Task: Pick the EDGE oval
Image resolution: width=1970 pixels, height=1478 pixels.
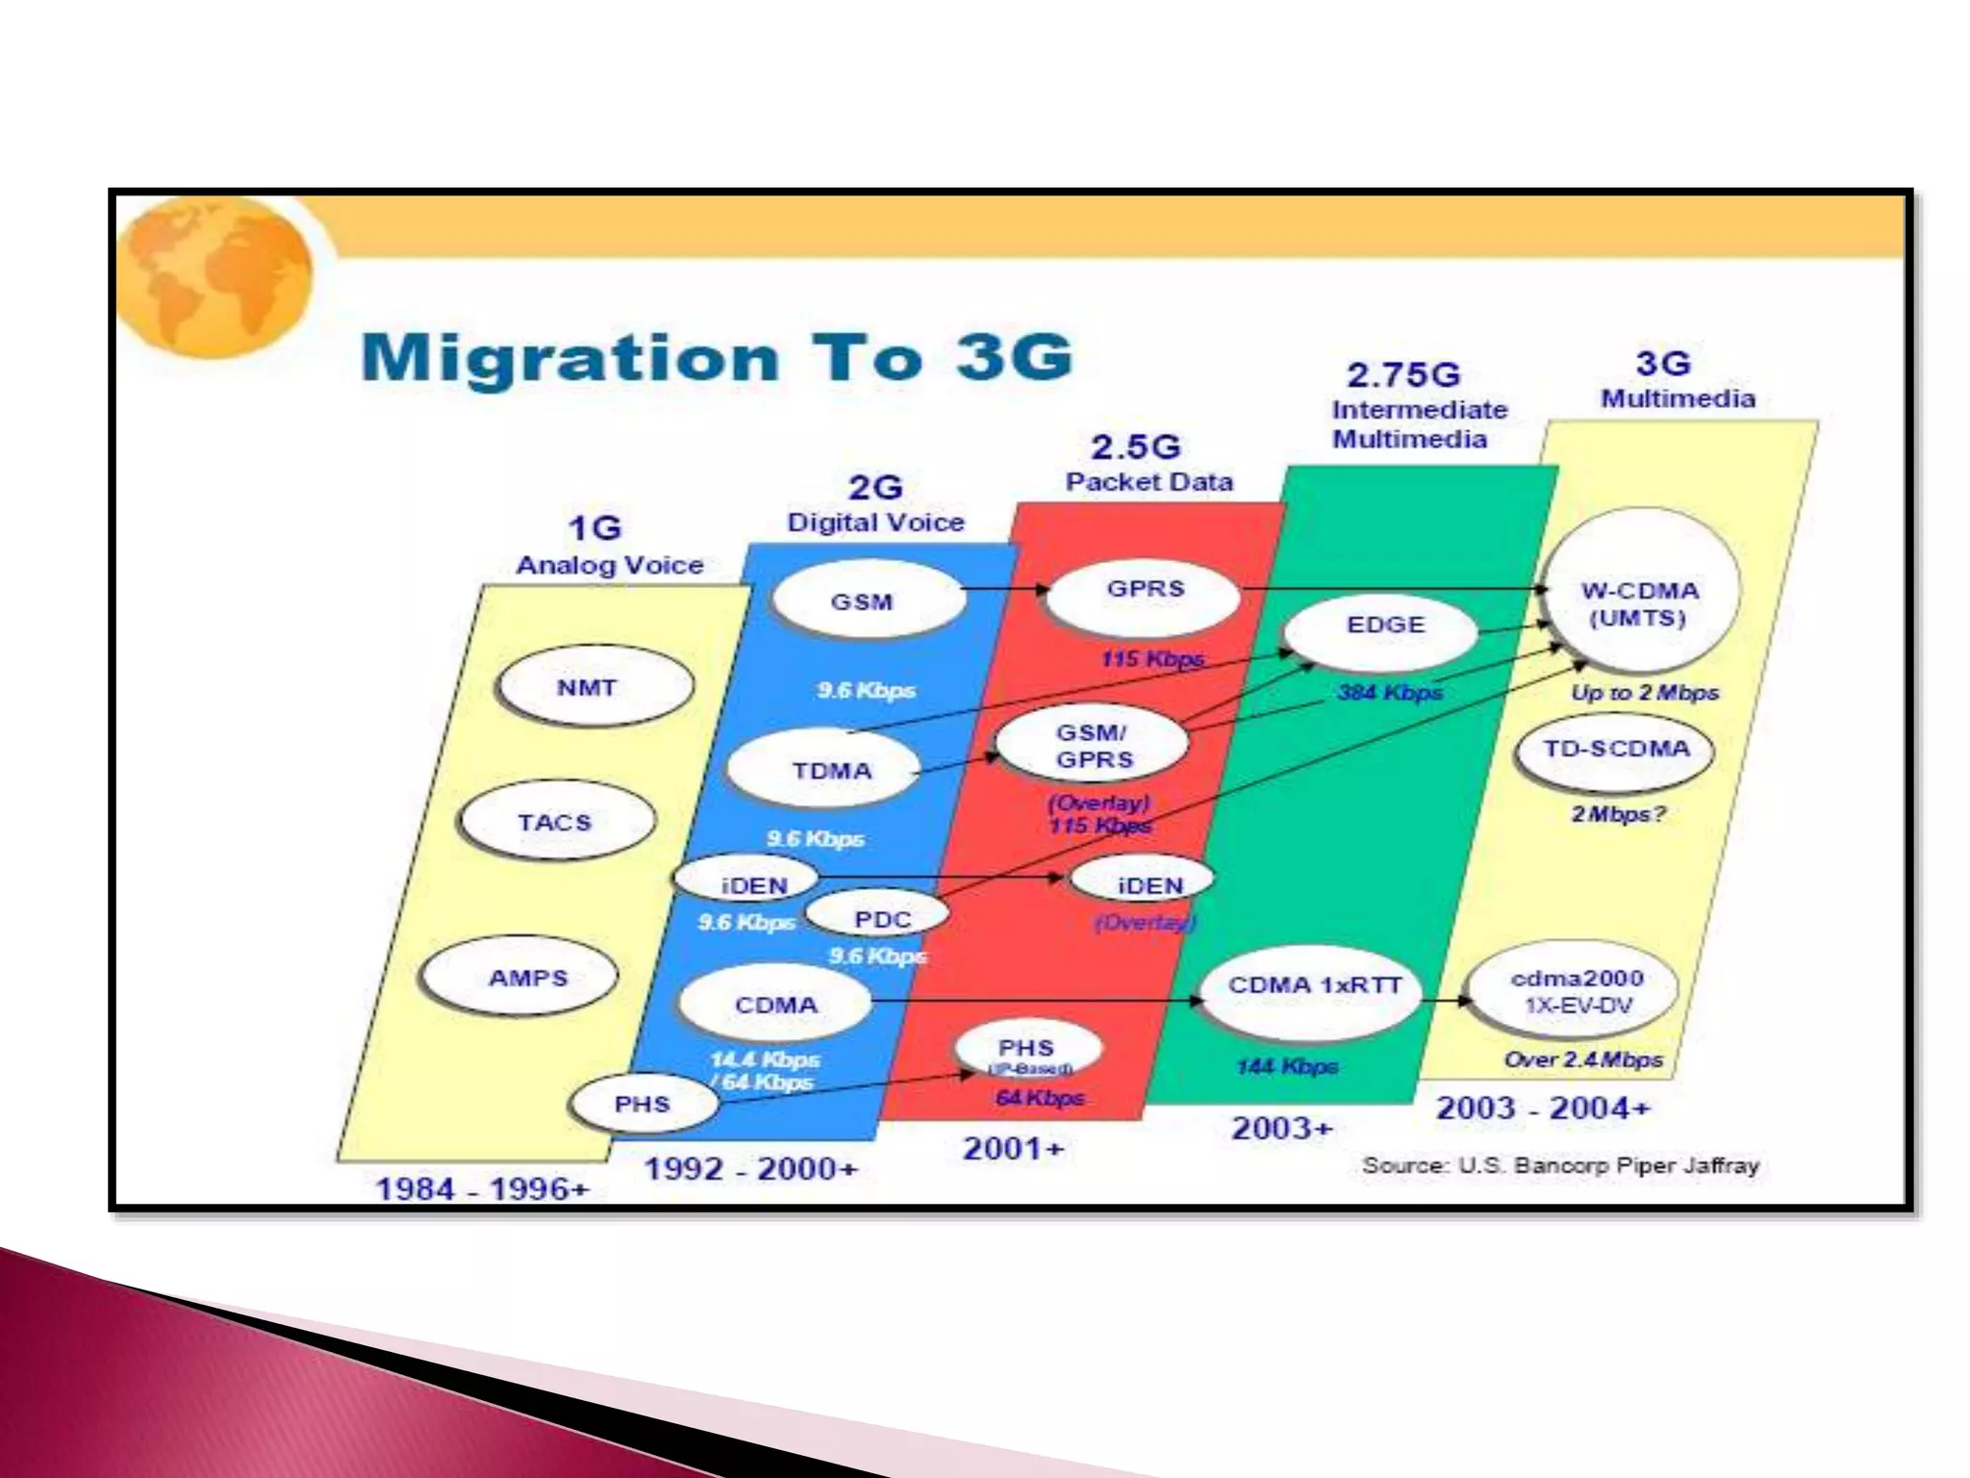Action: point(1381,626)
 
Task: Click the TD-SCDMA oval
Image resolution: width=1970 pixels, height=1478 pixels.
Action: point(1616,750)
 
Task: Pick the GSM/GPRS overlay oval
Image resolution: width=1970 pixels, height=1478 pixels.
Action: point(1094,746)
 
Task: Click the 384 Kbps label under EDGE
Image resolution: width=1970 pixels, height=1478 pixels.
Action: point(1389,693)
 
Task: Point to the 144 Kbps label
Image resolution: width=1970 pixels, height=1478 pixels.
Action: point(1287,1066)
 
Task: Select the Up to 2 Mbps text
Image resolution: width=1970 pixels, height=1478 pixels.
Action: point(1645,693)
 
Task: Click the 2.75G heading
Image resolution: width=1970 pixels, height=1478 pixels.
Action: point(1402,374)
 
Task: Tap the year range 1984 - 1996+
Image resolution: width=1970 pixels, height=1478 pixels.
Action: point(481,1189)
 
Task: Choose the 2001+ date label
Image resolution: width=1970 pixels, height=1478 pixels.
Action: point(1013,1149)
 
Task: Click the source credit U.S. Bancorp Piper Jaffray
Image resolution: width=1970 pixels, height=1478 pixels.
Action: point(1560,1166)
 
